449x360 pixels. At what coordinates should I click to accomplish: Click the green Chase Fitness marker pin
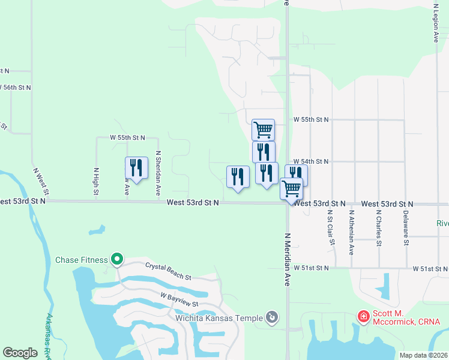[117, 260]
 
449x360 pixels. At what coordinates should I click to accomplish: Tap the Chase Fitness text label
[81, 260]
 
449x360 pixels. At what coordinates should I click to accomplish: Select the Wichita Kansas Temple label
[219, 317]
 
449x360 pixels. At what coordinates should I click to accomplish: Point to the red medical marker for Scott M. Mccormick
[363, 316]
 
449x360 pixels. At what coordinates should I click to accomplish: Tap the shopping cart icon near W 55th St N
[263, 128]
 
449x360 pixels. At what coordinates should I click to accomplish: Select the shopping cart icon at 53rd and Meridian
[292, 188]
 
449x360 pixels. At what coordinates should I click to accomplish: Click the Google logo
[20, 353]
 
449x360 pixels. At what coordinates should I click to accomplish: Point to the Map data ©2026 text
[423, 355]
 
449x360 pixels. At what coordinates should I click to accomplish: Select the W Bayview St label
[179, 300]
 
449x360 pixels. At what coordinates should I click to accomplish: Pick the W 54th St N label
[311, 161]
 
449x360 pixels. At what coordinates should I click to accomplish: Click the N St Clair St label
[330, 228]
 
